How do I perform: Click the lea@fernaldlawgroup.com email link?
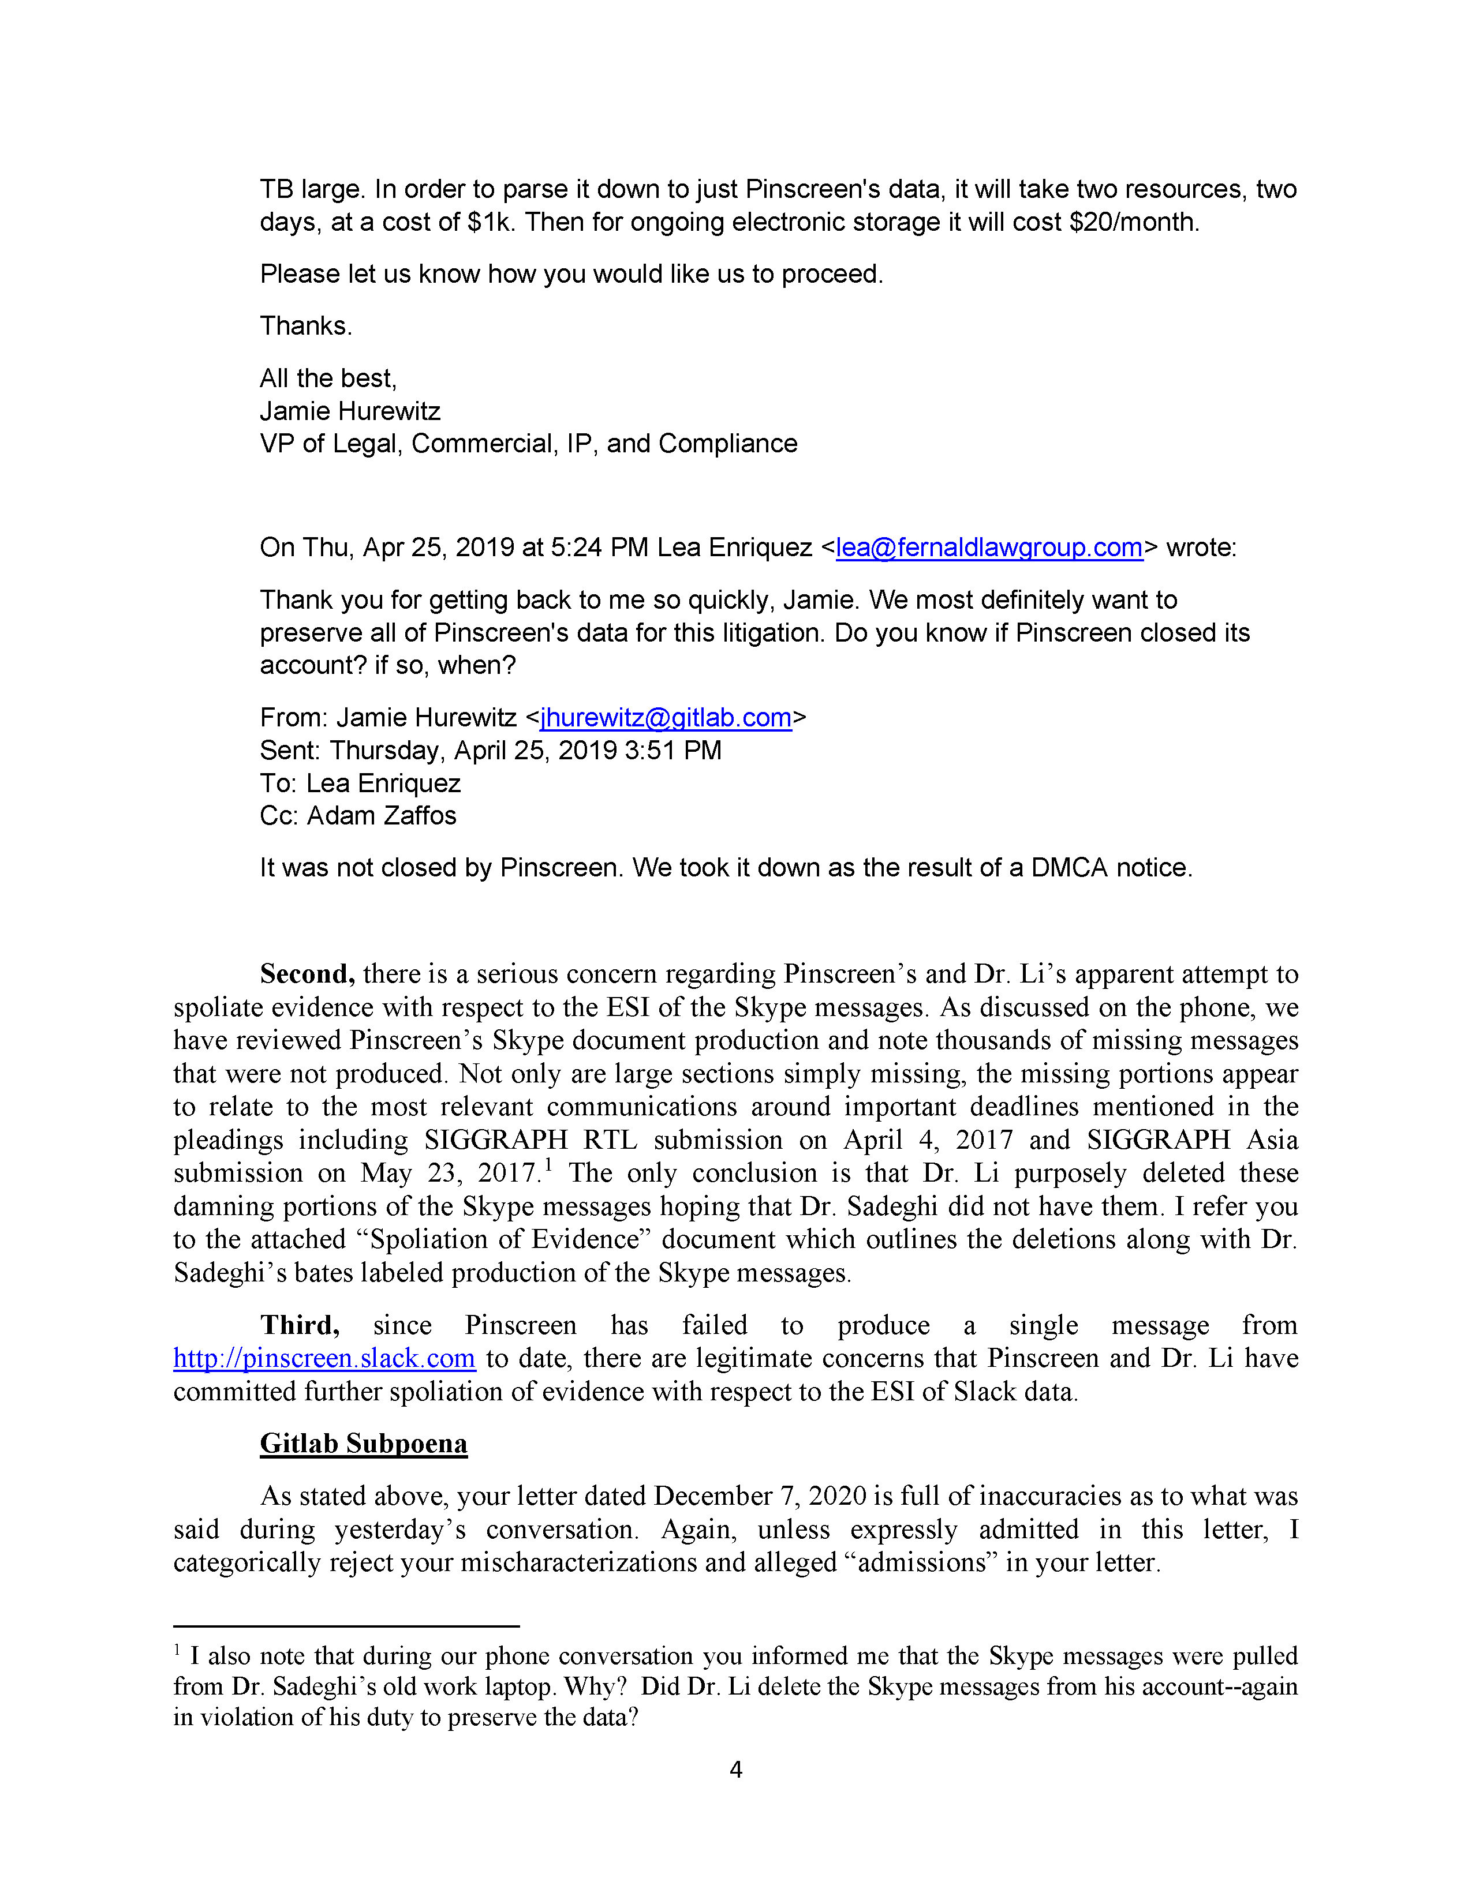tap(989, 548)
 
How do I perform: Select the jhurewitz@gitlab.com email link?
tap(666, 718)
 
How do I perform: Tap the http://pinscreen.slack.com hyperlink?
tap(324, 1358)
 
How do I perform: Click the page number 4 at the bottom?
tap(735, 1770)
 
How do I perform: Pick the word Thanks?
tap(305, 326)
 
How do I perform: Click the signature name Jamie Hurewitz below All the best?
tap(350, 411)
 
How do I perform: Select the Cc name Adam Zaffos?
tap(381, 815)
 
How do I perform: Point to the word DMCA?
tap(1069, 867)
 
